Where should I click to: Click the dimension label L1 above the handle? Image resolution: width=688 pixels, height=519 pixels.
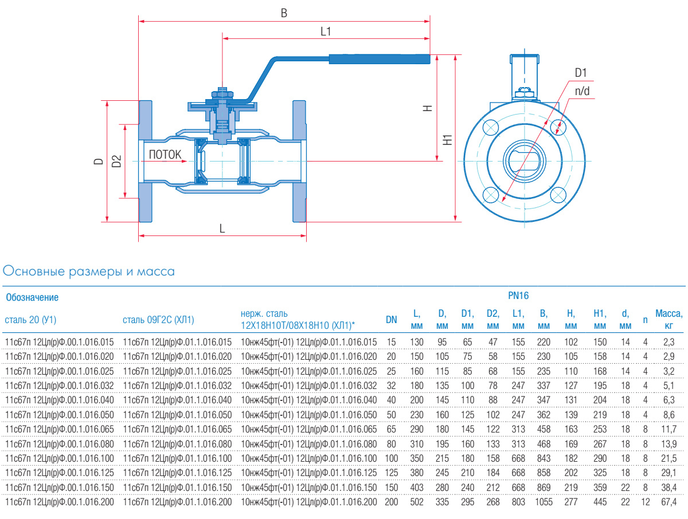[x=326, y=32]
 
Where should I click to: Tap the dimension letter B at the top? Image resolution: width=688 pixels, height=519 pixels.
[x=283, y=13]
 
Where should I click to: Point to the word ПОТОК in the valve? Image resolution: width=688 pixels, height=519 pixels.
[x=165, y=154]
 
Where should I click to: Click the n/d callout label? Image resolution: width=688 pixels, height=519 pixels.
[x=583, y=90]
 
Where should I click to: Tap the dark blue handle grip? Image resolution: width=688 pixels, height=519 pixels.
[x=379, y=58]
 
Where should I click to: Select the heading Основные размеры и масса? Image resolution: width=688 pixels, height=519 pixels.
[x=89, y=271]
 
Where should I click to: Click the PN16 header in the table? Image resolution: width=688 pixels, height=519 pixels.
[x=518, y=296]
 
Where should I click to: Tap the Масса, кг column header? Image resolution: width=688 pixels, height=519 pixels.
[x=669, y=320]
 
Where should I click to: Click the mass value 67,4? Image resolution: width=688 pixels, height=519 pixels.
[x=669, y=502]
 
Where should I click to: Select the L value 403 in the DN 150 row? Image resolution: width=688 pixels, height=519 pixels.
[x=417, y=487]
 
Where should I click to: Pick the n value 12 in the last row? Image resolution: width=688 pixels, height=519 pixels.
[x=646, y=502]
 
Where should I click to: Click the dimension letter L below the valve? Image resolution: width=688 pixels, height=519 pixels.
[x=222, y=228]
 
